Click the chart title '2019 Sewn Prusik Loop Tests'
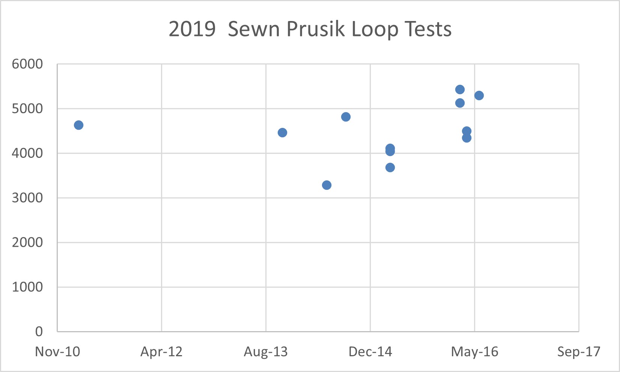coord(310,29)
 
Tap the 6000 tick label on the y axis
coord(27,64)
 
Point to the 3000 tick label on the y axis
coord(27,198)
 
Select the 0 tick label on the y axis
coord(39,331)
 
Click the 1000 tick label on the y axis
coord(27,287)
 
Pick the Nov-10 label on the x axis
coord(57,352)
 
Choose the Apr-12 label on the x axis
coord(161,352)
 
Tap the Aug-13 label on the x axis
coord(266,352)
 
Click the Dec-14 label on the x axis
coord(370,352)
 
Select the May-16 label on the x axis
coord(474,352)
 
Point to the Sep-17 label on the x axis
coord(579,352)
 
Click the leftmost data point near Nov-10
coord(78,125)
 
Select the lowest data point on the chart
coord(327,185)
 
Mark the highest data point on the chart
coord(460,90)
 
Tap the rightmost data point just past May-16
coord(479,96)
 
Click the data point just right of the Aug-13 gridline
coord(282,133)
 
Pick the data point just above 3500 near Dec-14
coord(390,168)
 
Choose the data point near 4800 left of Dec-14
coord(346,117)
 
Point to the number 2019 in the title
coord(192,29)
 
